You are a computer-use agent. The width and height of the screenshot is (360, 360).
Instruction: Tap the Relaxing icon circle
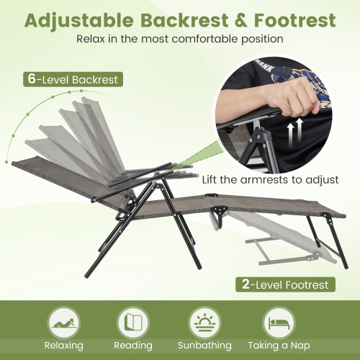coord(63,320)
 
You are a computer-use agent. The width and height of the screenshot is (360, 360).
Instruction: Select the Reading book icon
coord(134,320)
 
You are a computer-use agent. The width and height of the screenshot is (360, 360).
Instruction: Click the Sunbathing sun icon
coord(205,320)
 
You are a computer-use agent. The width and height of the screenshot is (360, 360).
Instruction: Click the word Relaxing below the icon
coord(63,346)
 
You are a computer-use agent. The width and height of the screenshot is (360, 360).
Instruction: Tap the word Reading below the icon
coord(134,346)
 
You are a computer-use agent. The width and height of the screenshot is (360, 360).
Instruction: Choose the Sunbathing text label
coord(205,346)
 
